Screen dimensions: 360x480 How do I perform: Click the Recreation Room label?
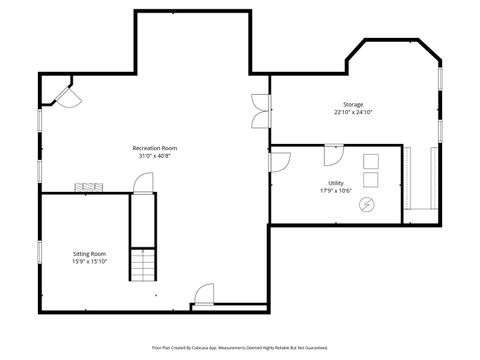point(154,148)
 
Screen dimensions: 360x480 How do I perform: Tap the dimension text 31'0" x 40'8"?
point(154,155)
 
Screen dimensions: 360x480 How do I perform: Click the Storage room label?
point(352,104)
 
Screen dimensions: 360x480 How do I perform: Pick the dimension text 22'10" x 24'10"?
point(352,111)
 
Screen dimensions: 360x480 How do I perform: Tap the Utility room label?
point(336,182)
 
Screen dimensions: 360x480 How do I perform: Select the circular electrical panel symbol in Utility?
point(367,204)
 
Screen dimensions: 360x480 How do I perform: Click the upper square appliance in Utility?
point(371,161)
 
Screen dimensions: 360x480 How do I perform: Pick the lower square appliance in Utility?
point(371,180)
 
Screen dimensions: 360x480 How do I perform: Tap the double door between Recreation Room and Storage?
point(260,109)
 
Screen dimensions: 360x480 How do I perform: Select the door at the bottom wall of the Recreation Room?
point(204,295)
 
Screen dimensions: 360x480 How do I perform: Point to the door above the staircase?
point(143,182)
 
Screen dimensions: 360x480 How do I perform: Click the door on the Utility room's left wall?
point(279,161)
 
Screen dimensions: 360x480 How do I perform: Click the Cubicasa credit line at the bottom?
point(240,347)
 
